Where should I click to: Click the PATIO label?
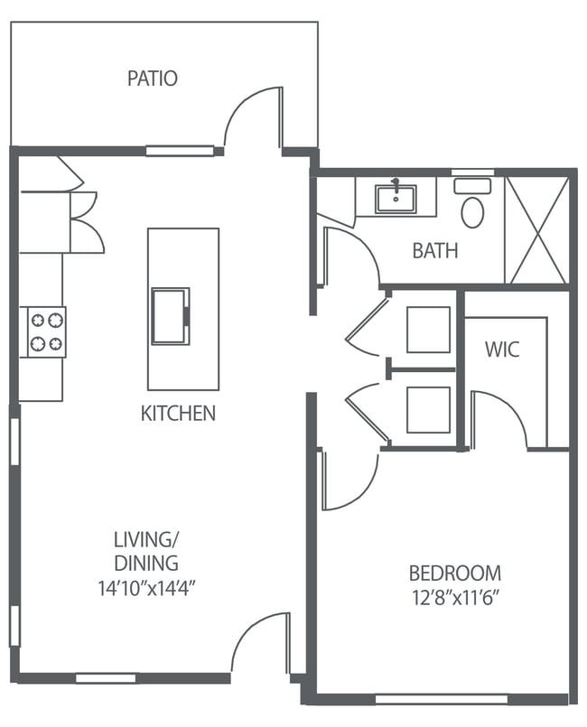152,79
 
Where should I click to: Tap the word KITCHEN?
178,414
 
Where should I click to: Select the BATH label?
434,250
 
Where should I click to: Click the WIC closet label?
501,349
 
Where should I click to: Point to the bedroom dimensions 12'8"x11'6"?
454,597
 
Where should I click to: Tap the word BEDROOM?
454,573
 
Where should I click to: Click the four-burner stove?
46,331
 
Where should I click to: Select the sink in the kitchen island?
170,315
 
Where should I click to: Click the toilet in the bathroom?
472,206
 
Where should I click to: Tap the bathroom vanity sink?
395,198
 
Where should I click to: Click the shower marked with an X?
536,229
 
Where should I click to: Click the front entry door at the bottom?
260,642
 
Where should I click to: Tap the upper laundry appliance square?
427,330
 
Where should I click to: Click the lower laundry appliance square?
427,409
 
